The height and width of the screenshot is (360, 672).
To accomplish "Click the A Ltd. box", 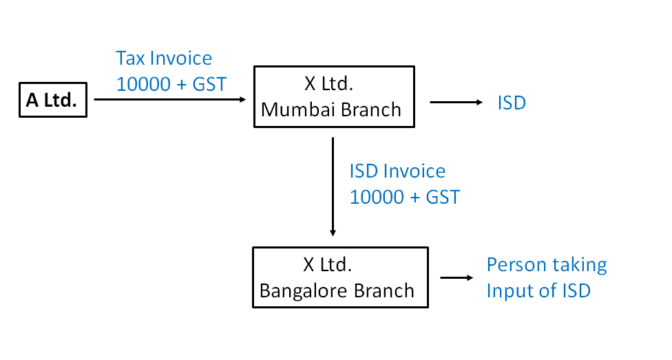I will (52, 100).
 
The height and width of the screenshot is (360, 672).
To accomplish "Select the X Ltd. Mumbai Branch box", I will (334, 96).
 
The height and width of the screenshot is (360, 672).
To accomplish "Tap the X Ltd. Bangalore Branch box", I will (340, 277).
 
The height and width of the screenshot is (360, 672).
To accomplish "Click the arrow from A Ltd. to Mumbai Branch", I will (169, 100).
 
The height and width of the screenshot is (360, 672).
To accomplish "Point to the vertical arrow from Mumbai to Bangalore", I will (333, 186).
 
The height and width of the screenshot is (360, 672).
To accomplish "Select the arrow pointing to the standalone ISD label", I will (456, 103).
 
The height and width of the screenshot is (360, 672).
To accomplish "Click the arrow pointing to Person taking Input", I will (456, 278).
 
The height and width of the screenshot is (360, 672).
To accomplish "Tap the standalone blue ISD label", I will (512, 103).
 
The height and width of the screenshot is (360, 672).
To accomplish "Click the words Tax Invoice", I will (164, 59).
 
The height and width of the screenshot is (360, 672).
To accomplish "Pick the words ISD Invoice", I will (397, 171).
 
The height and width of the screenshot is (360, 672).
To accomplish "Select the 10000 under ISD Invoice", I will (375, 197).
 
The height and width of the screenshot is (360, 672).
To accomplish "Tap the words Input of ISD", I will (538, 290).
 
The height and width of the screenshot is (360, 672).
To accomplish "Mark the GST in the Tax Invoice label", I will (209, 84).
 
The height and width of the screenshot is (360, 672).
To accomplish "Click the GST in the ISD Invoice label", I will (443, 197).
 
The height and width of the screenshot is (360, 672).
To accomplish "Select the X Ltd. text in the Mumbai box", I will (328, 84).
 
